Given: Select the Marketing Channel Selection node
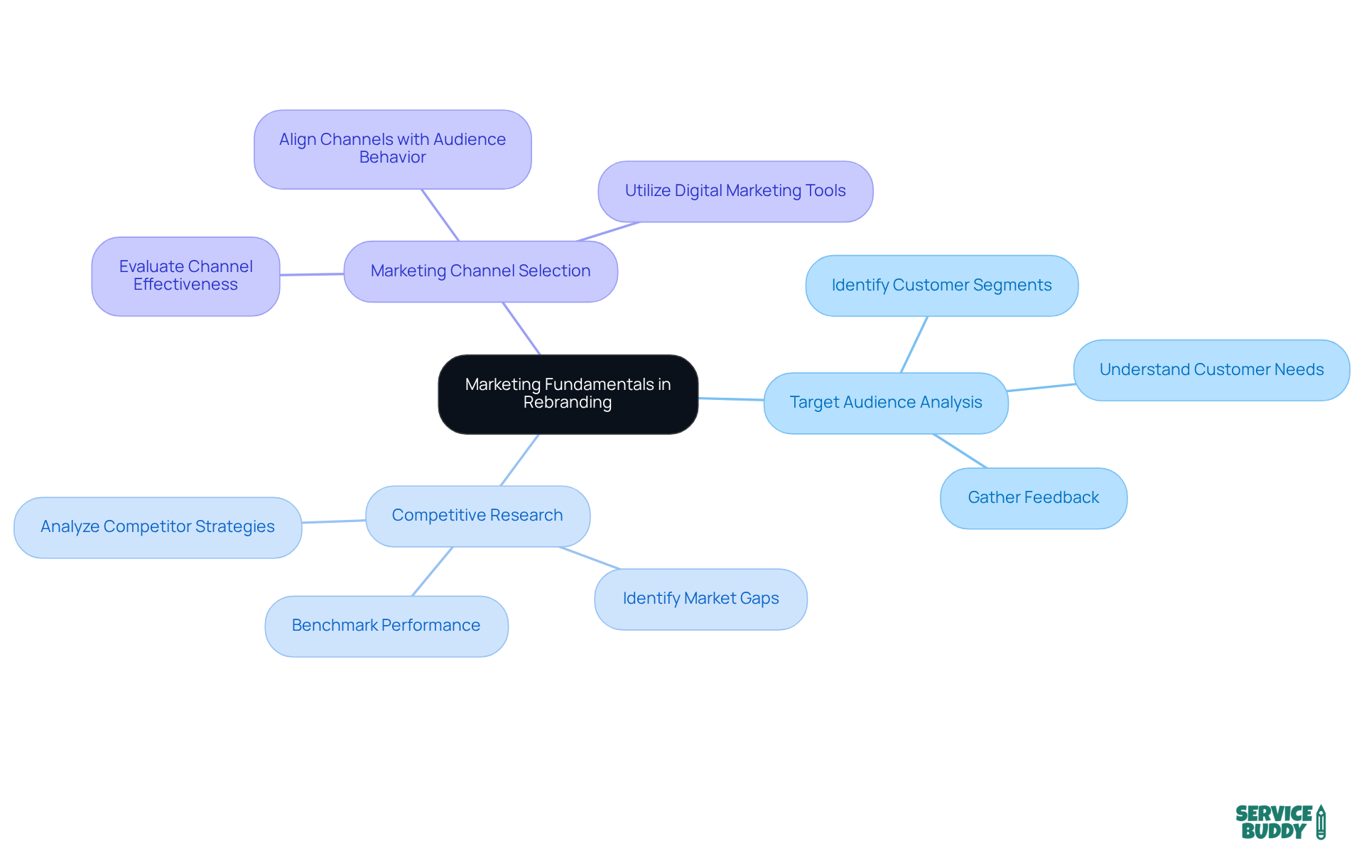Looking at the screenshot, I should (480, 271).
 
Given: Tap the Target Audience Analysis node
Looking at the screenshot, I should (885, 403).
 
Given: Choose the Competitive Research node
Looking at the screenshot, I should (477, 516).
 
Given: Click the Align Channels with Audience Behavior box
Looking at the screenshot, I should (392, 149).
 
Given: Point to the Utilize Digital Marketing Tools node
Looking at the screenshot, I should (735, 191).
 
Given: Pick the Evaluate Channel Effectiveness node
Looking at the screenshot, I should (185, 276).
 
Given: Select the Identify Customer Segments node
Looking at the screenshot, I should (941, 286).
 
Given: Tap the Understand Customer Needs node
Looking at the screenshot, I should (1211, 370).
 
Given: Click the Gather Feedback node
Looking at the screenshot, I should (1033, 498).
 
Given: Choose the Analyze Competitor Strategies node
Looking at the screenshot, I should (158, 527).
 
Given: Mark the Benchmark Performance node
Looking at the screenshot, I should (386, 626).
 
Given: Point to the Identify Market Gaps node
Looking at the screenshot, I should (700, 599).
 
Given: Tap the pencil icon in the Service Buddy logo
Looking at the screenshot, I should (1321, 822).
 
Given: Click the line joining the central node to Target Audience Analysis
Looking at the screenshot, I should (731, 399).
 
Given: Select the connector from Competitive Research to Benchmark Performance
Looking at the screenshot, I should (432, 571).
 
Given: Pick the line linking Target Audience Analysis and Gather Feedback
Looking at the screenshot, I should (960, 451).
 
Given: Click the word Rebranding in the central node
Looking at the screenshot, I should (567, 403).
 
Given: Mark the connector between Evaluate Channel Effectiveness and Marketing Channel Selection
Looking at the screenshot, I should (312, 274).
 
